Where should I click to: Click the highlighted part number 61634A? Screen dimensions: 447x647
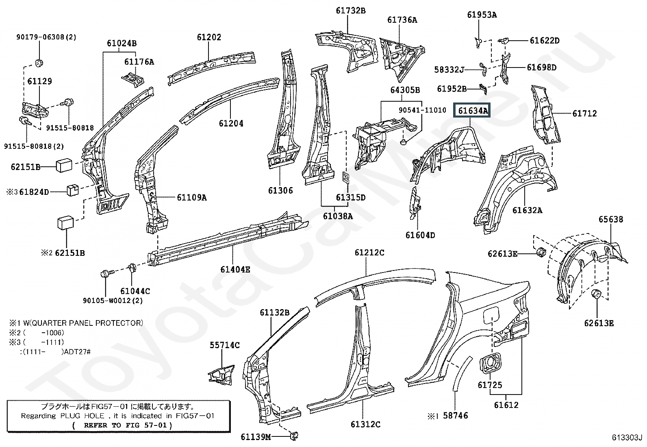tap(472, 110)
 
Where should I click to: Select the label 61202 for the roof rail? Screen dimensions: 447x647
tap(209, 37)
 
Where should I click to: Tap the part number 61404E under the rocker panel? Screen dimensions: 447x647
tap(235, 269)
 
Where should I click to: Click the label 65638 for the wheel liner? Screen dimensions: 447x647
tap(610, 220)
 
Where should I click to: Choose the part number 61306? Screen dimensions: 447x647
tap(280, 190)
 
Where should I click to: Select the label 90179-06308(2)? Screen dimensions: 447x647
tap(46, 37)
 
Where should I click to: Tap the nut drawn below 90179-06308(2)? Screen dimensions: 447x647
tap(39, 63)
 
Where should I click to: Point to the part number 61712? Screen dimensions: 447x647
tap(584, 113)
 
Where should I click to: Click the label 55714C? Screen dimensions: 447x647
tap(225, 345)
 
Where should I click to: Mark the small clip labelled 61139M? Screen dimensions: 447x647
tap(293, 436)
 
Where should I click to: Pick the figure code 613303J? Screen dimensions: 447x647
tap(627, 438)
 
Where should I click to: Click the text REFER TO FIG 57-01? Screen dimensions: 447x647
tap(122, 425)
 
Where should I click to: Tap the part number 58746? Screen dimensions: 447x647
tap(455, 416)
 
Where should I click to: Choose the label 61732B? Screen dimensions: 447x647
tap(350, 11)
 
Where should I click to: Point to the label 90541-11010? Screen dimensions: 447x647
tap(422, 110)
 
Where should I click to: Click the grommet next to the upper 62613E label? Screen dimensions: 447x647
tap(541, 252)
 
